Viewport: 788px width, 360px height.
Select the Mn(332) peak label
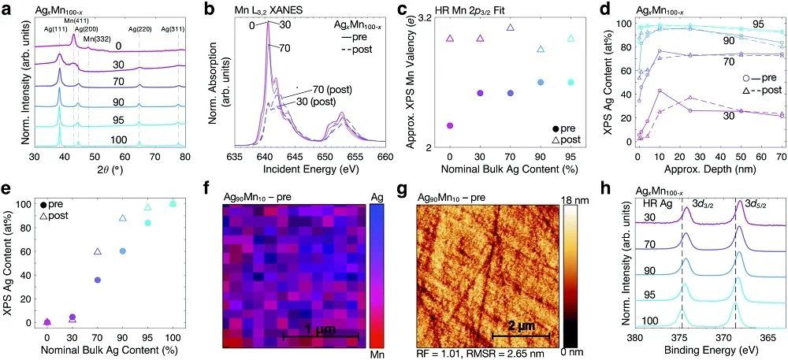pos(98,38)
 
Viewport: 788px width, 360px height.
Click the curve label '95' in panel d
pos(758,24)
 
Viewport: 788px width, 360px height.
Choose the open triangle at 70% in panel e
pos(98,251)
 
